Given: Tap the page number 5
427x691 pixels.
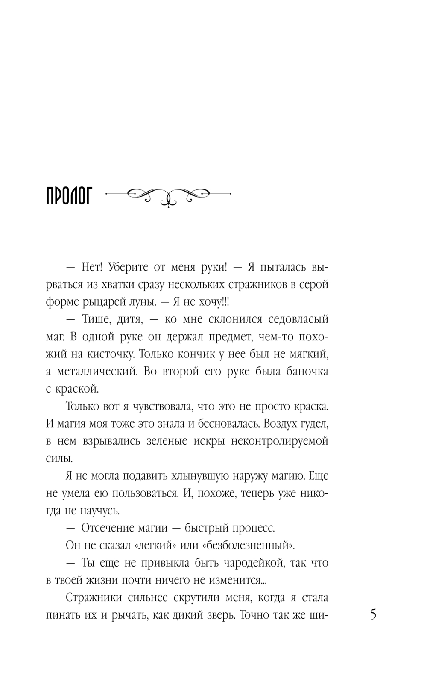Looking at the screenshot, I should [x=373, y=615].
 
